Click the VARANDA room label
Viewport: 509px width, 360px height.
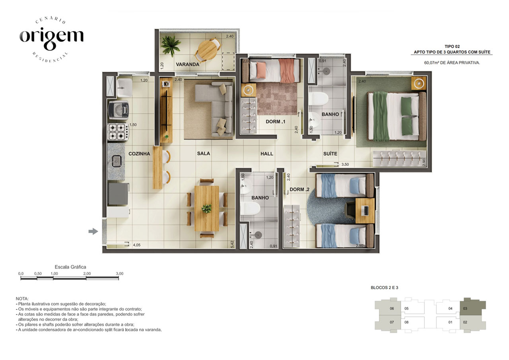[187, 64]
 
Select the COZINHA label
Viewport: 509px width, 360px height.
[139, 154]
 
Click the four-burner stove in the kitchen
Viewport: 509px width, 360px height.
[119, 132]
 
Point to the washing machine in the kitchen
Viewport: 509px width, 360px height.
[119, 110]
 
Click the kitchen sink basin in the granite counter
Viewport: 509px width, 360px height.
[117, 161]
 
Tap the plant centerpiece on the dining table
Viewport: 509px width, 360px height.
[206, 208]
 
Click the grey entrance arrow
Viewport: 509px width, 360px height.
[93, 232]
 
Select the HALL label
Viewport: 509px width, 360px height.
[267, 154]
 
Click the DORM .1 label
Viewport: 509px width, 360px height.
[276, 122]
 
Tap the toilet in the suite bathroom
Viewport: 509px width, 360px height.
[319, 99]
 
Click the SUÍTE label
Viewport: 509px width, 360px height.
[330, 154]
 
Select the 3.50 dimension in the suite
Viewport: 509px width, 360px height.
[345, 164]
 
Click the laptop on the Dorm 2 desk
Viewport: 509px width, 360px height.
[366, 210]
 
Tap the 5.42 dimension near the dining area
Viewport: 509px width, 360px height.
[232, 244]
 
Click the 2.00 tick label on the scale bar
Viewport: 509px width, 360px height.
[87, 274]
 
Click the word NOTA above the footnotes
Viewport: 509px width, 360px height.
[22, 299]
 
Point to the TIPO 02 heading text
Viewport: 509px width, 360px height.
[452, 47]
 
